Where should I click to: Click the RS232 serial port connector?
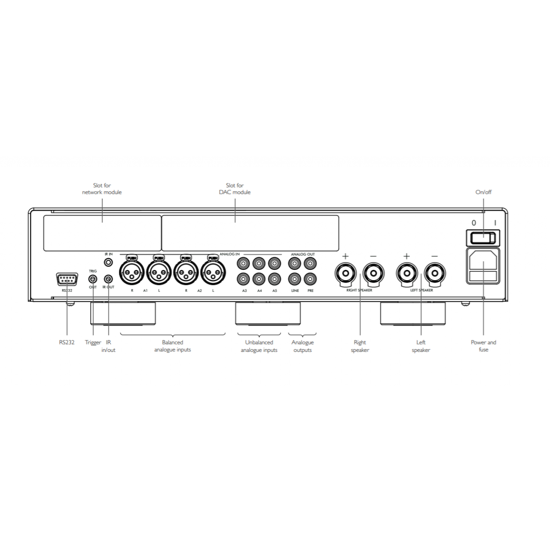pyautogui.click(x=67, y=280)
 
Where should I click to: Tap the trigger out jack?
pyautogui.click(x=93, y=279)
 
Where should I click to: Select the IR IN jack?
pyautogui.click(x=108, y=262)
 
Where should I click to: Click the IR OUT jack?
pyautogui.click(x=108, y=278)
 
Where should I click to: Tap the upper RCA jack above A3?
pyautogui.click(x=243, y=263)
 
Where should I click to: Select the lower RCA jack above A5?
pyautogui.click(x=274, y=279)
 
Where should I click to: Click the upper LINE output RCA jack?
pyautogui.click(x=295, y=263)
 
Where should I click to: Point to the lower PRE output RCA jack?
pyautogui.click(x=310, y=279)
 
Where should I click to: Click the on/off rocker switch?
pyautogui.click(x=483, y=238)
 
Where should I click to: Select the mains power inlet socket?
pyautogui.click(x=483, y=266)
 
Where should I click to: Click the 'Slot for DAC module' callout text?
pyautogui.click(x=235, y=189)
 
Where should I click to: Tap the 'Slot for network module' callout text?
pyautogui.click(x=102, y=189)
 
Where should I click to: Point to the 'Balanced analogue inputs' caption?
pyautogui.click(x=173, y=346)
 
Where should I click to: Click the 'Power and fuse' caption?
pyautogui.click(x=483, y=346)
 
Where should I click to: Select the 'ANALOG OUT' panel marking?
pyautogui.click(x=303, y=254)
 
